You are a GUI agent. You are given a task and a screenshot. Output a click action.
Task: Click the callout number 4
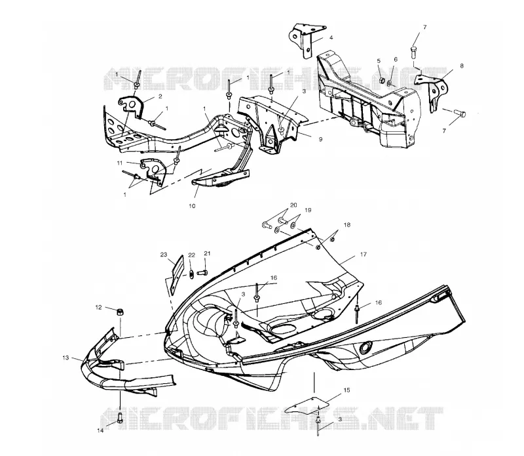[331, 38]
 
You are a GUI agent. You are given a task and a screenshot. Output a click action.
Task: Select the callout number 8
[462, 66]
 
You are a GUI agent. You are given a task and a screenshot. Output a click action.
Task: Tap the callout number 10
[192, 206]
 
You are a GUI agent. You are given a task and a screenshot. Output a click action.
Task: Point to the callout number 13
[65, 358]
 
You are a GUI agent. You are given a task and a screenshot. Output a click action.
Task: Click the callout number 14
[100, 430]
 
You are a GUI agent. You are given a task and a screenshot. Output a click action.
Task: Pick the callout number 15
[346, 390]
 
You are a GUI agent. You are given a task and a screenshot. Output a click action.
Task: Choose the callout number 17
[364, 255]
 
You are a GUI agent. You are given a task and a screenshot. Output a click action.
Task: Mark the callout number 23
[163, 255]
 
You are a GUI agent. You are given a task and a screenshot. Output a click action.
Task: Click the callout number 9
[320, 139]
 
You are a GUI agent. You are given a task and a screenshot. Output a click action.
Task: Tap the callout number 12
[98, 307]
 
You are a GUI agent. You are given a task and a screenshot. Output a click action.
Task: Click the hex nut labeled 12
[119, 312]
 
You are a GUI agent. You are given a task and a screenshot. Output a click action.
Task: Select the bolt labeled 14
[120, 418]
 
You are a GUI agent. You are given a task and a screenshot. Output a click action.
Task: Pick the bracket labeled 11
[153, 170]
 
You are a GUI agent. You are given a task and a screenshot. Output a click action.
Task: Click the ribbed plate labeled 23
[176, 274]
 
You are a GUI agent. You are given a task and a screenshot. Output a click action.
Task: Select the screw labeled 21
[202, 272]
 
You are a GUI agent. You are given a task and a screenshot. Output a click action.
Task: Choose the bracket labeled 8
[436, 92]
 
